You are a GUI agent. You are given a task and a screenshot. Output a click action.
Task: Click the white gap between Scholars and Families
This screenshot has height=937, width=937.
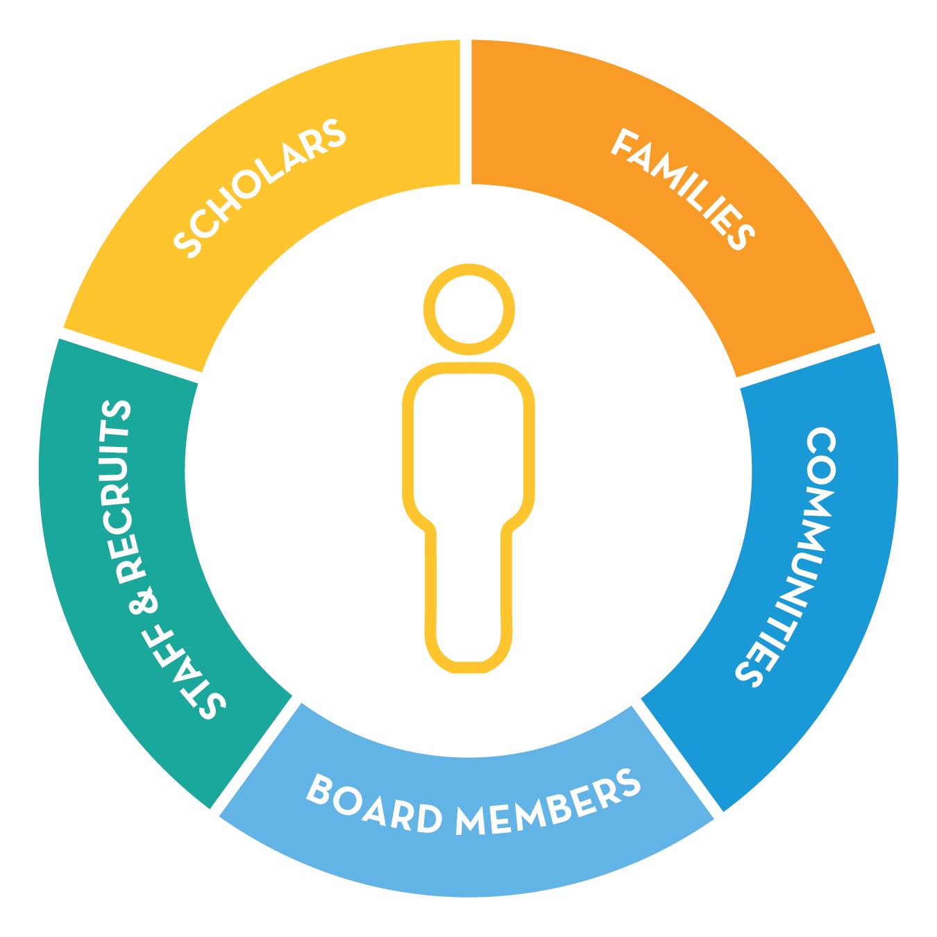466,111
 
